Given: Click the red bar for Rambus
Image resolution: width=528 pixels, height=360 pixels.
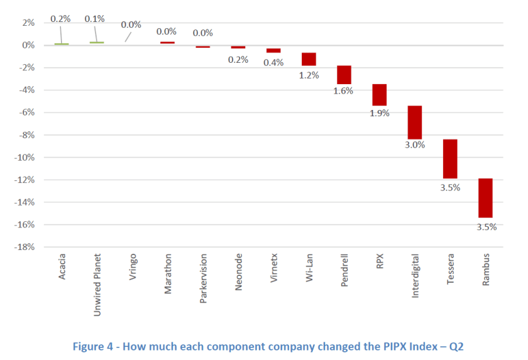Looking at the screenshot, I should (485, 198).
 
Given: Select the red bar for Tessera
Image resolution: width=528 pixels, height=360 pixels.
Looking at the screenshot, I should (450, 159).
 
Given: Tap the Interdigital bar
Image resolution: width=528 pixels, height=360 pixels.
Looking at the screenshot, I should (415, 123).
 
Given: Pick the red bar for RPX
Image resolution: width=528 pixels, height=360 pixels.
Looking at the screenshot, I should (379, 95).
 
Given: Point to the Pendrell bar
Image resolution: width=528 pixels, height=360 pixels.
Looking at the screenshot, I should (344, 75).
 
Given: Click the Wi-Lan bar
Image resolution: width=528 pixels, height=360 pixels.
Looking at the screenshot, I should (309, 59).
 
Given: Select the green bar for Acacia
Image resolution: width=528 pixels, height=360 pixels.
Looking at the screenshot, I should (62, 44).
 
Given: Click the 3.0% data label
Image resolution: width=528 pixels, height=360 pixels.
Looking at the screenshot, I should (415, 145).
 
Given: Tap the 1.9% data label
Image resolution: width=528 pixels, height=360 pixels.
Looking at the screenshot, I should (380, 113).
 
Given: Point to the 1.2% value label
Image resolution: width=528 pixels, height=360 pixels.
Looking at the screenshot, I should (309, 75).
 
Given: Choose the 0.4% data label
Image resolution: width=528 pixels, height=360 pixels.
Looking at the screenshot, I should (273, 62).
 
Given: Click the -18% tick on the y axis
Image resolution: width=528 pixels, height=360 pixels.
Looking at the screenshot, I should (25, 247).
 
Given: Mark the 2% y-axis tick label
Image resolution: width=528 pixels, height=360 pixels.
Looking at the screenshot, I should (28, 23).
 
